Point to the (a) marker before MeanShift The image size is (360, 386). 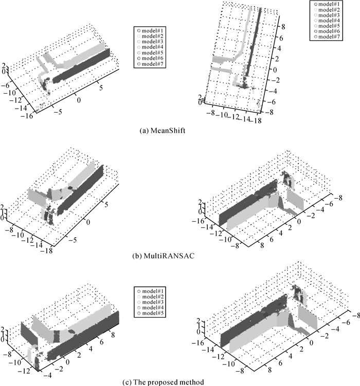[145, 131]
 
